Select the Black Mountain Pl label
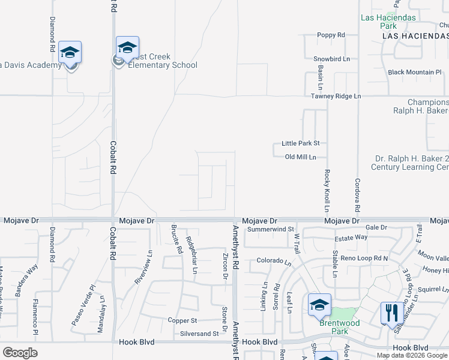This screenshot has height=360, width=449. coord(415,73)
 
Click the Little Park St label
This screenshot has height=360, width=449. coord(300,144)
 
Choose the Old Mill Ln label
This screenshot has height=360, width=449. coord(304,157)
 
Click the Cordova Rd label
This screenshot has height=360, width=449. coord(357,196)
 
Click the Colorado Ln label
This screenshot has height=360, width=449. coord(274,262)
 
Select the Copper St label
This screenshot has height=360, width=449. coord(182,320)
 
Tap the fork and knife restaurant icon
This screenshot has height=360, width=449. coord(390,312)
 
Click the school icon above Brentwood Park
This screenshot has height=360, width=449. coord(319,305)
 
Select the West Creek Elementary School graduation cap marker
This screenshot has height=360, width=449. coord(127,47)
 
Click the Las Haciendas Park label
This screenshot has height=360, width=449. coord(388,22)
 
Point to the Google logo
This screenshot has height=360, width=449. coord(20,353)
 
